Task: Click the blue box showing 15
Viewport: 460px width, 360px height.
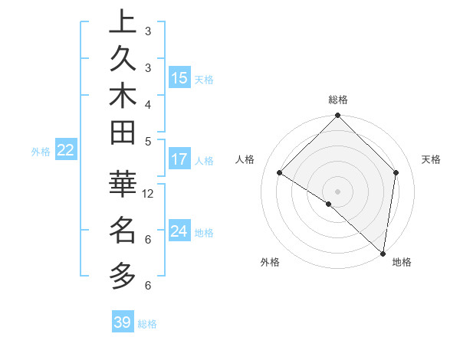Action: coord(179,77)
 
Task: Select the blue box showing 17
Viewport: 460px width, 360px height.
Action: coord(179,159)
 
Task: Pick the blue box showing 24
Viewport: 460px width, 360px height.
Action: coord(179,231)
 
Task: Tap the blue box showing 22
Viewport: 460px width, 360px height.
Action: coord(66,150)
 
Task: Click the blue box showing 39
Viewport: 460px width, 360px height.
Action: coord(123,322)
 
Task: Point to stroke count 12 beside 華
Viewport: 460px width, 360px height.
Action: coord(149,194)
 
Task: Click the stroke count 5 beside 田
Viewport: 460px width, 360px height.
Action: coord(149,141)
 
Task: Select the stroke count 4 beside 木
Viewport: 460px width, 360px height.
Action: coord(149,104)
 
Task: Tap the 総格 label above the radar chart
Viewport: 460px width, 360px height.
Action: coord(338,100)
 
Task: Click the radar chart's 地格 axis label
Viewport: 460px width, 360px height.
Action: coord(402,262)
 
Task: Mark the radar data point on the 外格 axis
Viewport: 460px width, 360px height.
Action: coord(329,204)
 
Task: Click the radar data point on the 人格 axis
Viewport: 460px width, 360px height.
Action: coord(280,173)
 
